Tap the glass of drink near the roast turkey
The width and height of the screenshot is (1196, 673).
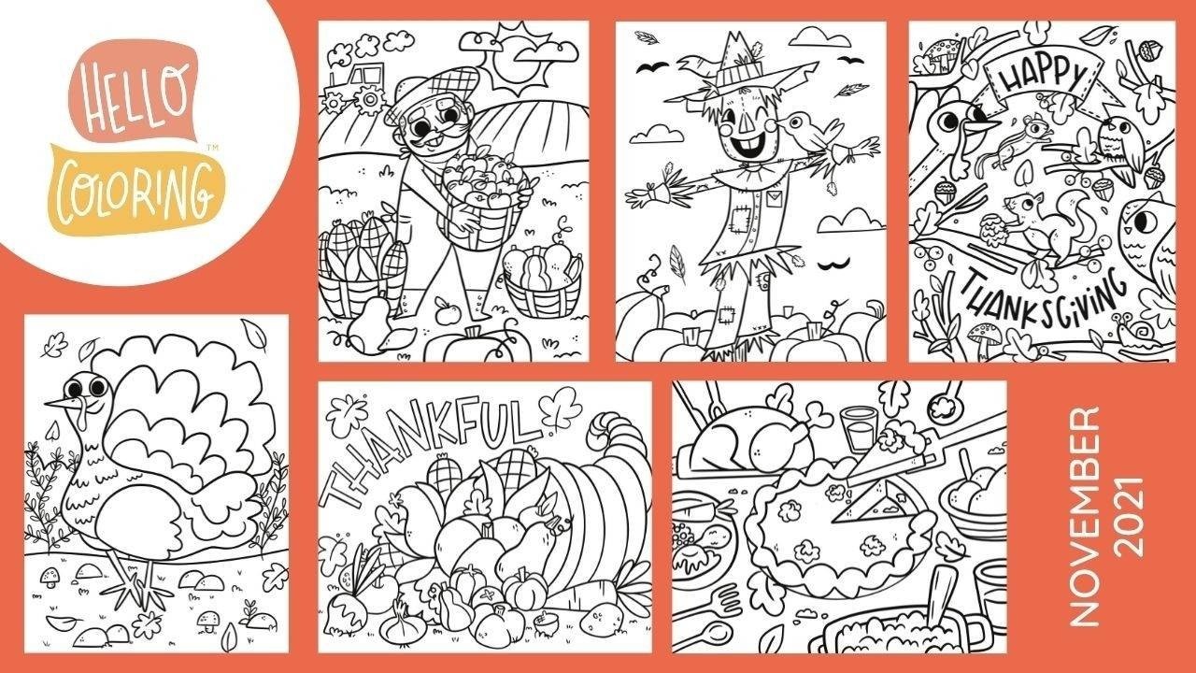(859, 429)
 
